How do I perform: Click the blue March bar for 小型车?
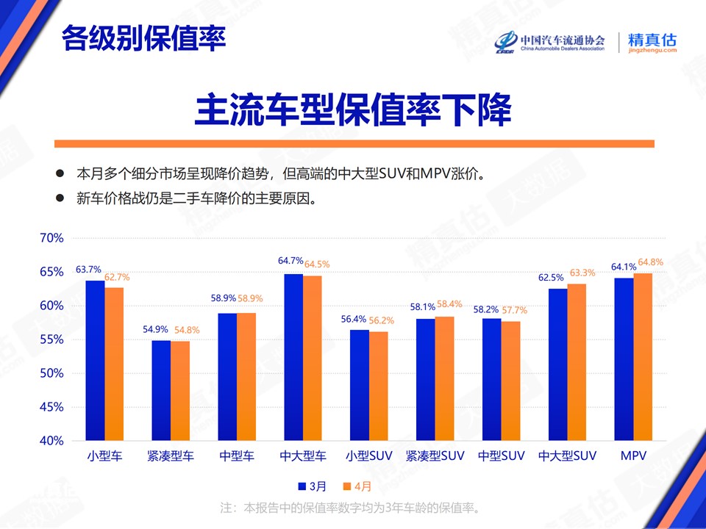(x=95, y=360)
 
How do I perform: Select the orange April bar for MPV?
(x=643, y=357)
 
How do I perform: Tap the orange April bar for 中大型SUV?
(x=577, y=362)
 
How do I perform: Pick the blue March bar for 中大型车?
(x=293, y=357)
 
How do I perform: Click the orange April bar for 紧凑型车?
(x=180, y=390)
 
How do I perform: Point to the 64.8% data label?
(x=651, y=262)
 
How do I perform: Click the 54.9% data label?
(x=155, y=329)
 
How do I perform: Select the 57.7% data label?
(x=514, y=310)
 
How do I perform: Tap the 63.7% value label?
(x=88, y=270)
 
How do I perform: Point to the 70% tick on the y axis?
(x=51, y=238)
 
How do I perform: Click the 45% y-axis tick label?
(x=51, y=407)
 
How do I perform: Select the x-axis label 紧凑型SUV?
(x=435, y=456)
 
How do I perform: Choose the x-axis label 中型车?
(x=237, y=456)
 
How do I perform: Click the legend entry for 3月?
(x=313, y=486)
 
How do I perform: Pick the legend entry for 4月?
(x=357, y=486)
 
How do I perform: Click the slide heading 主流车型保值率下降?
(x=354, y=109)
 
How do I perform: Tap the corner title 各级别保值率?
(x=143, y=38)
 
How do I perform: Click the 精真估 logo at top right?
(x=652, y=43)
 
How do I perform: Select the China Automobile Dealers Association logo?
(x=550, y=43)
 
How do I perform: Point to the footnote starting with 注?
(x=350, y=508)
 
